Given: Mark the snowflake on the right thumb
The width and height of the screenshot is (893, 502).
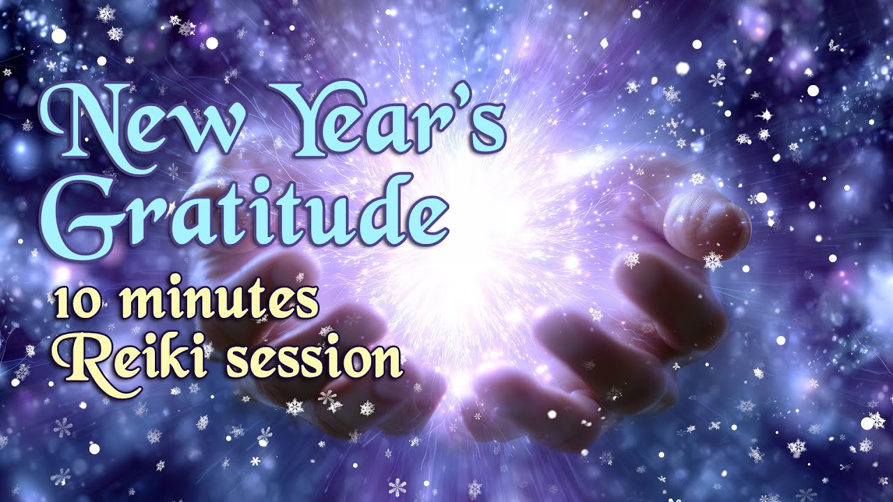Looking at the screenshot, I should (713, 261).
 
